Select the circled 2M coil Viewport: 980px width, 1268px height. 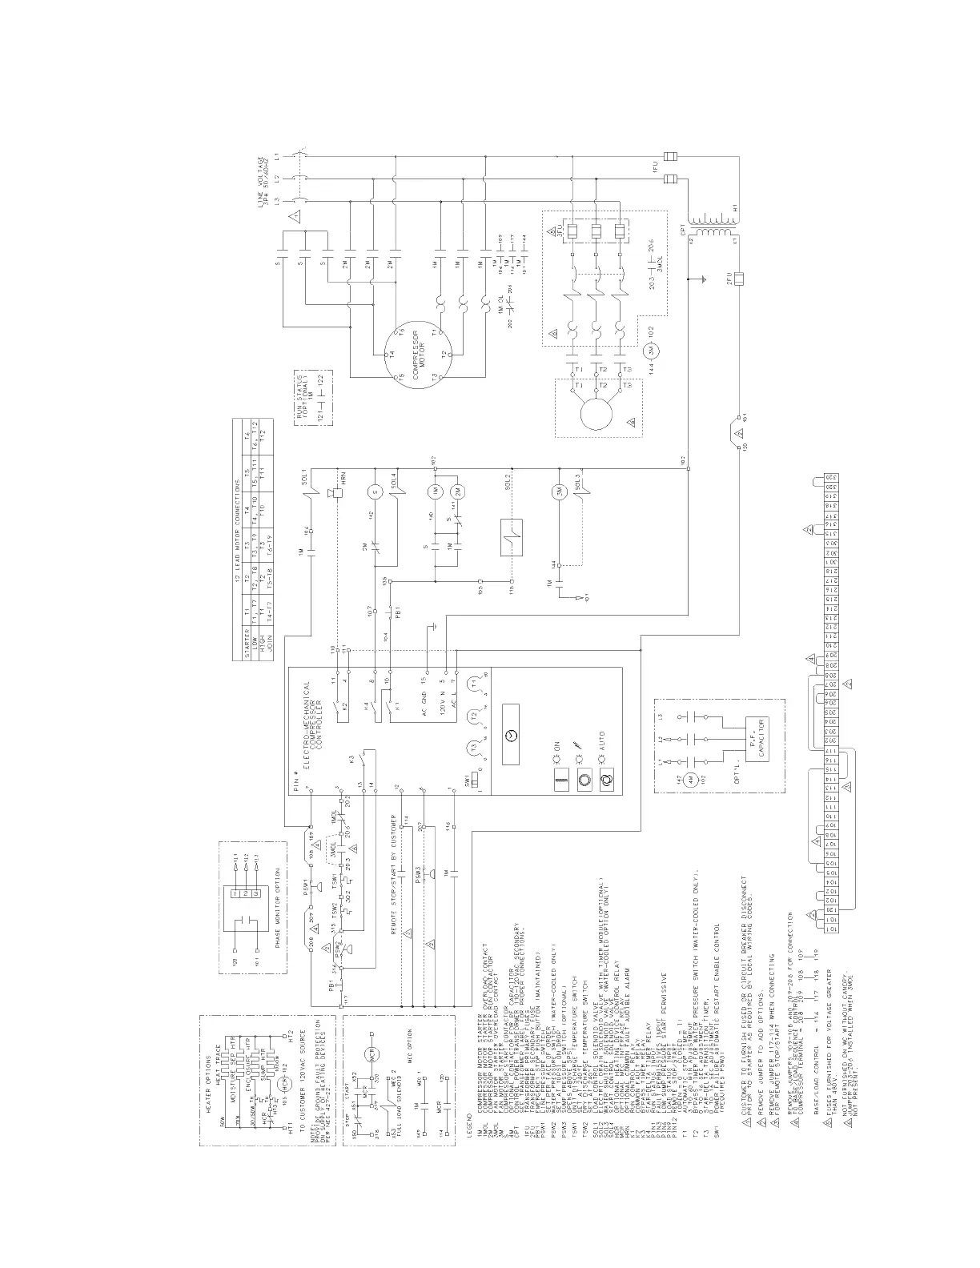[458, 491]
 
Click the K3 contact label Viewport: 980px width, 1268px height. [350, 760]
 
